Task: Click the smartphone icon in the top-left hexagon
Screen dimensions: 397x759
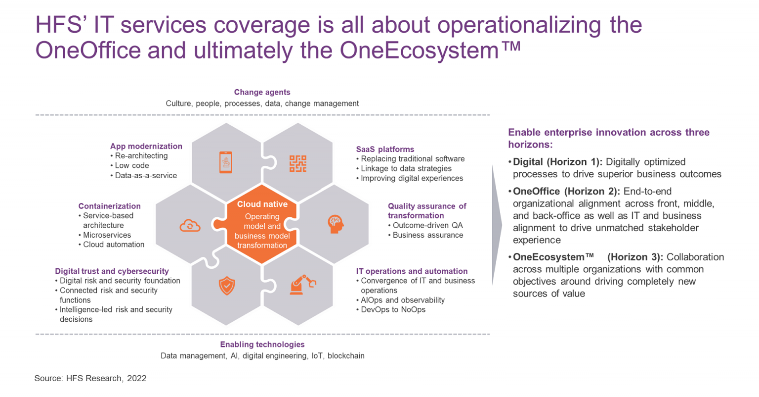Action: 226,162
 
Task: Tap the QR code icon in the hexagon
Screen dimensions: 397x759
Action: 298,163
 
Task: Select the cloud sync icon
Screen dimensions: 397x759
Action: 190,226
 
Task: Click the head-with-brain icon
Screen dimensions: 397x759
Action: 336,224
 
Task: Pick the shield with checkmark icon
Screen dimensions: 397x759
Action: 227,286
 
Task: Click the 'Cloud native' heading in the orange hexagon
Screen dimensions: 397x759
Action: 262,204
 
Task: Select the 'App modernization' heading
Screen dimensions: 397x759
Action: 146,146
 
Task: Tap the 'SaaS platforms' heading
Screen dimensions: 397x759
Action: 385,149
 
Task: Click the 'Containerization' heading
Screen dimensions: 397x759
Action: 109,206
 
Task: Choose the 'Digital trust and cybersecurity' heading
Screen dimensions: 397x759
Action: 112,271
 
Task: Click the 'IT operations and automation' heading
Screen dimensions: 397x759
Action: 412,271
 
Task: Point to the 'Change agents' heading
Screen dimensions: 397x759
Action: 262,92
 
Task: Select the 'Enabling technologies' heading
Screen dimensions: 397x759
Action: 262,345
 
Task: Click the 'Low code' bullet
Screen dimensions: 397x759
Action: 131,165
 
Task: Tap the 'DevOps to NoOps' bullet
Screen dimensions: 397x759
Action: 393,309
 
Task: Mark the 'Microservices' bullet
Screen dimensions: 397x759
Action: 107,235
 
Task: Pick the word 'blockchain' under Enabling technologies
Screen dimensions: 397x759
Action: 346,356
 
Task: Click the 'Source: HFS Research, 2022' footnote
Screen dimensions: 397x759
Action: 90,378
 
